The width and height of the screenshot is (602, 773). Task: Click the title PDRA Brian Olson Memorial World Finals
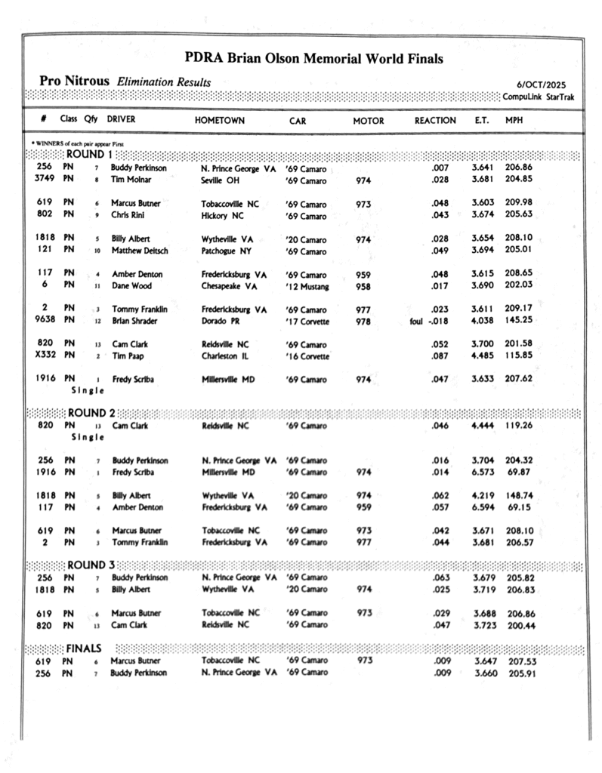[x=313, y=59]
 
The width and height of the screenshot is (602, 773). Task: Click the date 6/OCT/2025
[x=542, y=85]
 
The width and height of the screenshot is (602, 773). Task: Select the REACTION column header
[x=435, y=121]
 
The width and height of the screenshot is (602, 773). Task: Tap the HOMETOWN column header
[x=220, y=121]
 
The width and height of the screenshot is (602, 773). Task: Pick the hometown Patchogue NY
[x=227, y=251]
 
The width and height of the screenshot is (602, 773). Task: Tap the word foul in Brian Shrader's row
[x=411, y=321]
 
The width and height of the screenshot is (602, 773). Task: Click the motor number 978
[x=363, y=321]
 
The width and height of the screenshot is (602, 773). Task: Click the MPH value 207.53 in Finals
[x=520, y=661]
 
